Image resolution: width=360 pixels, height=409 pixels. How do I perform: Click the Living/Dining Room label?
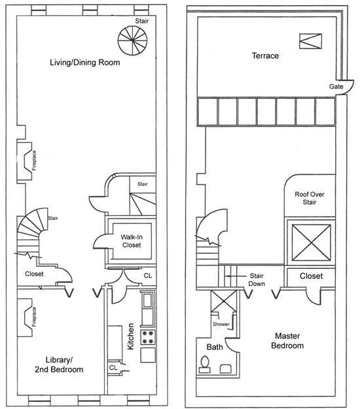pyautogui.click(x=85, y=63)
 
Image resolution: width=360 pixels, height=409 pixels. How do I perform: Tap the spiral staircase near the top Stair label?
pyautogui.click(x=132, y=41)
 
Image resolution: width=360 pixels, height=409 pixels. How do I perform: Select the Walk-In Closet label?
pyautogui.click(x=132, y=241)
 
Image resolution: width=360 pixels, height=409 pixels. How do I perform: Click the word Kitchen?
pyautogui.click(x=130, y=336)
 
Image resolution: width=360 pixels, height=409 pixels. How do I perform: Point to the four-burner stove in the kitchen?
pyautogui.click(x=148, y=337)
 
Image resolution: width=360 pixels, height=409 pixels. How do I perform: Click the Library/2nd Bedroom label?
pyautogui.click(x=59, y=365)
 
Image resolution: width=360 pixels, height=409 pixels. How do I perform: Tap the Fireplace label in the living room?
pyautogui.click(x=34, y=160)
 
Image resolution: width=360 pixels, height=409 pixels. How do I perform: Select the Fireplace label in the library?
pyautogui.click(x=34, y=317)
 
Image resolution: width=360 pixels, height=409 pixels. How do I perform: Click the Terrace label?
pyautogui.click(x=265, y=56)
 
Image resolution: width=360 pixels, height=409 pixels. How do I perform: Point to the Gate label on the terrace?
pyautogui.click(x=336, y=86)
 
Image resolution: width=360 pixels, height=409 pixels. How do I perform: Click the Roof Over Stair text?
pyautogui.click(x=310, y=198)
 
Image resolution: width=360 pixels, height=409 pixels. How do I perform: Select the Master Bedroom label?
pyautogui.click(x=287, y=341)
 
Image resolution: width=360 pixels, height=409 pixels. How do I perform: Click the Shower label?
pyautogui.click(x=221, y=324)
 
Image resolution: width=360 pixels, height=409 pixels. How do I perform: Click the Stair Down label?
pyautogui.click(x=257, y=279)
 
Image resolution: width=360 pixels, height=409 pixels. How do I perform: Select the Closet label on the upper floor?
pyautogui.click(x=311, y=276)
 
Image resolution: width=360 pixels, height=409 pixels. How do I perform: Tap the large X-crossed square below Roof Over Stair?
pyautogui.click(x=311, y=243)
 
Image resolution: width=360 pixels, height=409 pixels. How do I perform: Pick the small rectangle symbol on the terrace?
pyautogui.click(x=310, y=41)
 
